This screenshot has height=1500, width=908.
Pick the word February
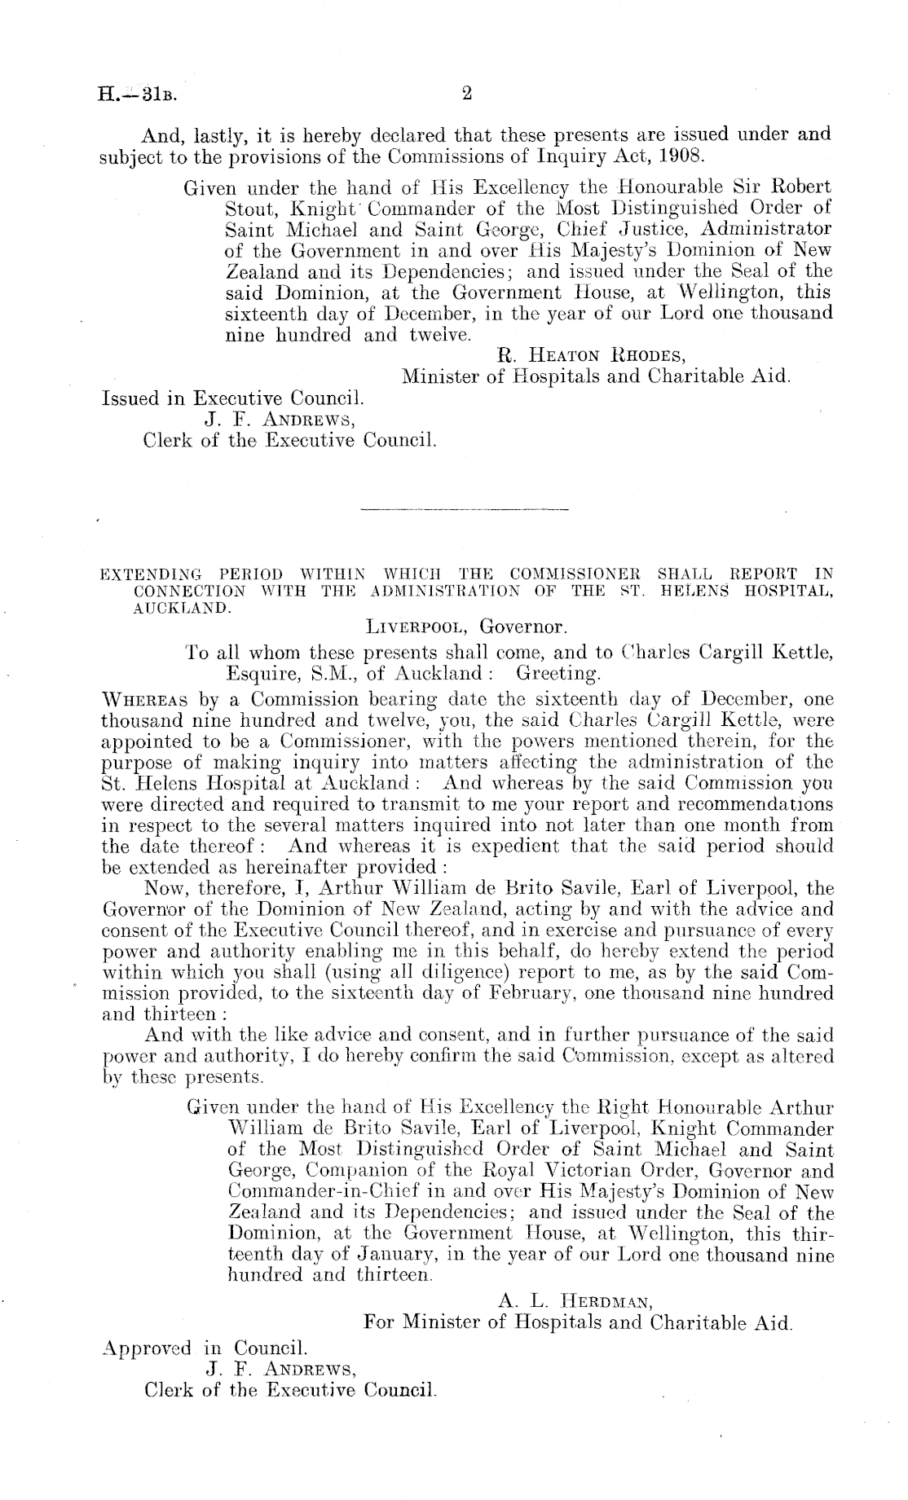click(584, 994)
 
